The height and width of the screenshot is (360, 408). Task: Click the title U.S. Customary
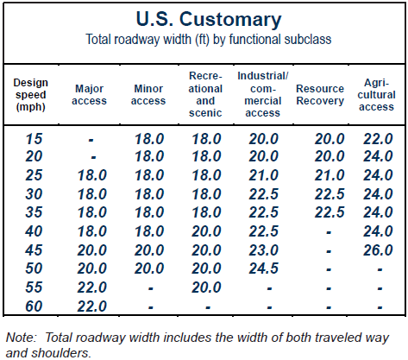tap(209, 19)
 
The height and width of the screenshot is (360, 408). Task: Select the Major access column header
tap(89, 95)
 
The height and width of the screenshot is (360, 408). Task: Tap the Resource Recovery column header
tap(320, 95)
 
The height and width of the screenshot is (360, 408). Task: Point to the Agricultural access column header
tap(376, 95)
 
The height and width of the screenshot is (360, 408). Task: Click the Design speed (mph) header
tap(30, 95)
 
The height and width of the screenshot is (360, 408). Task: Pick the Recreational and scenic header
tap(205, 94)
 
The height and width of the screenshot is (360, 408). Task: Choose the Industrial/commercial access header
tap(262, 94)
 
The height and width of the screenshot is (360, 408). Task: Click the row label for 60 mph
tap(34, 306)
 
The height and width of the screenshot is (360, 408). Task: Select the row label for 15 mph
tap(34, 139)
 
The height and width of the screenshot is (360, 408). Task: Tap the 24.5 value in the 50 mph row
tap(263, 268)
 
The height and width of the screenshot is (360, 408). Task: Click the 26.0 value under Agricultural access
tap(378, 250)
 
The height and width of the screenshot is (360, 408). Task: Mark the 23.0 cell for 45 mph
tap(263, 250)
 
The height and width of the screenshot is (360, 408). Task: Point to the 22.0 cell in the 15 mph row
tap(378, 139)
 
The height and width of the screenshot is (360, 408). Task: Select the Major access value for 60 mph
tap(92, 306)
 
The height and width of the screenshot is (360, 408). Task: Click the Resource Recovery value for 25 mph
tap(330, 175)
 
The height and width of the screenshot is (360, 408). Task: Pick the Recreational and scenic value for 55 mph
tap(206, 287)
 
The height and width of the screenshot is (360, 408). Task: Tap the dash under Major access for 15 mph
tap(91, 141)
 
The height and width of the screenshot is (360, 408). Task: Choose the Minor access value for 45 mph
tap(149, 250)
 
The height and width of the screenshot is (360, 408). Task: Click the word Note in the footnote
tap(21, 338)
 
